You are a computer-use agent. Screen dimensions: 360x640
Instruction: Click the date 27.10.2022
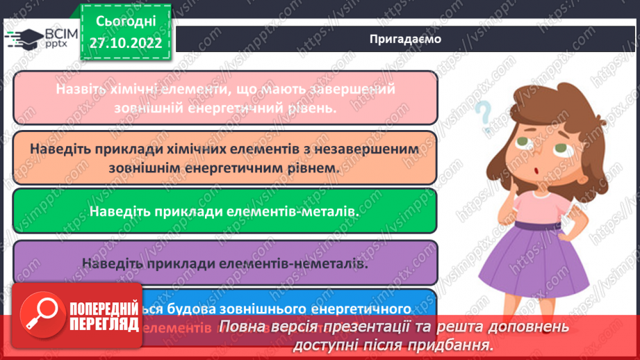pos(126,43)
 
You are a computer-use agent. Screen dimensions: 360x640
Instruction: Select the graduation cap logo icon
pos(23,37)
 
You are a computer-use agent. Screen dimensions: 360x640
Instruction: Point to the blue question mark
pos(482,113)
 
